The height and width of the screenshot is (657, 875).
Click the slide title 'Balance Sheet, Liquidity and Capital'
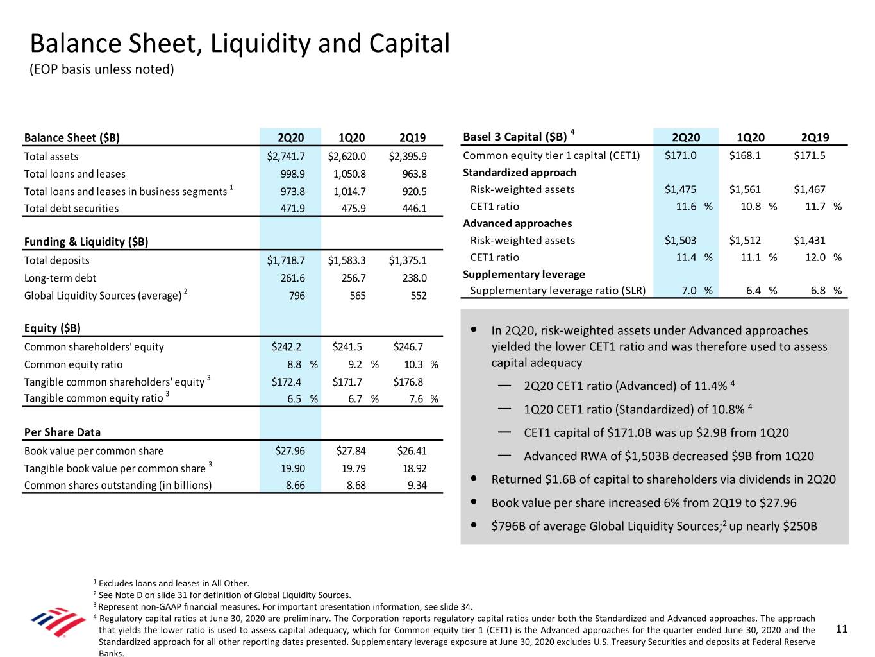coord(240,44)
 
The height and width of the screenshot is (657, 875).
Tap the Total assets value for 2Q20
coord(286,157)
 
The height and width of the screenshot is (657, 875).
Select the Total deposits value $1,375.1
coord(408,260)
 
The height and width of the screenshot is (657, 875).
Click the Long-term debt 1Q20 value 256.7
coord(353,278)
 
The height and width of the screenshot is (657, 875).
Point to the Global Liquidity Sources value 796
coord(297,296)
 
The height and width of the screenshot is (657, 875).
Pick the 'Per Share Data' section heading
coord(62,432)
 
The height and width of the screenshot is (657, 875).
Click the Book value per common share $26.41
coord(412,451)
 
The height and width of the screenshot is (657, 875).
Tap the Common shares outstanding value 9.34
coord(417,486)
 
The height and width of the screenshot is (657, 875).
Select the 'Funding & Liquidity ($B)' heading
coord(86,242)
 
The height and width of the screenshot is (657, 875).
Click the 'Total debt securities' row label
coord(71,209)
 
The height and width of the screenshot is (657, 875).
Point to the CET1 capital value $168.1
coord(745,155)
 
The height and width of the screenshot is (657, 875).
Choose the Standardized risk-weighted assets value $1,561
coord(745,189)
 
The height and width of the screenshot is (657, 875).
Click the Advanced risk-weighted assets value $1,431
coord(810,241)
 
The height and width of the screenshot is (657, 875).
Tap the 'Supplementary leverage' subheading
coord(524,275)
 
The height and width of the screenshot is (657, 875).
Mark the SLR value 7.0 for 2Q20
coord(688,291)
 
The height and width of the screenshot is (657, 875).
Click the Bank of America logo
coord(58,621)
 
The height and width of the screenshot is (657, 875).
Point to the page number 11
coord(842,629)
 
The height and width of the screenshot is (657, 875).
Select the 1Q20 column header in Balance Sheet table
coord(351,138)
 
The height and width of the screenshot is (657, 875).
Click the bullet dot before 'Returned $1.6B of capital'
coord(473,479)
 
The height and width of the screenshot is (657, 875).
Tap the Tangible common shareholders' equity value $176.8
coord(408,382)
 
